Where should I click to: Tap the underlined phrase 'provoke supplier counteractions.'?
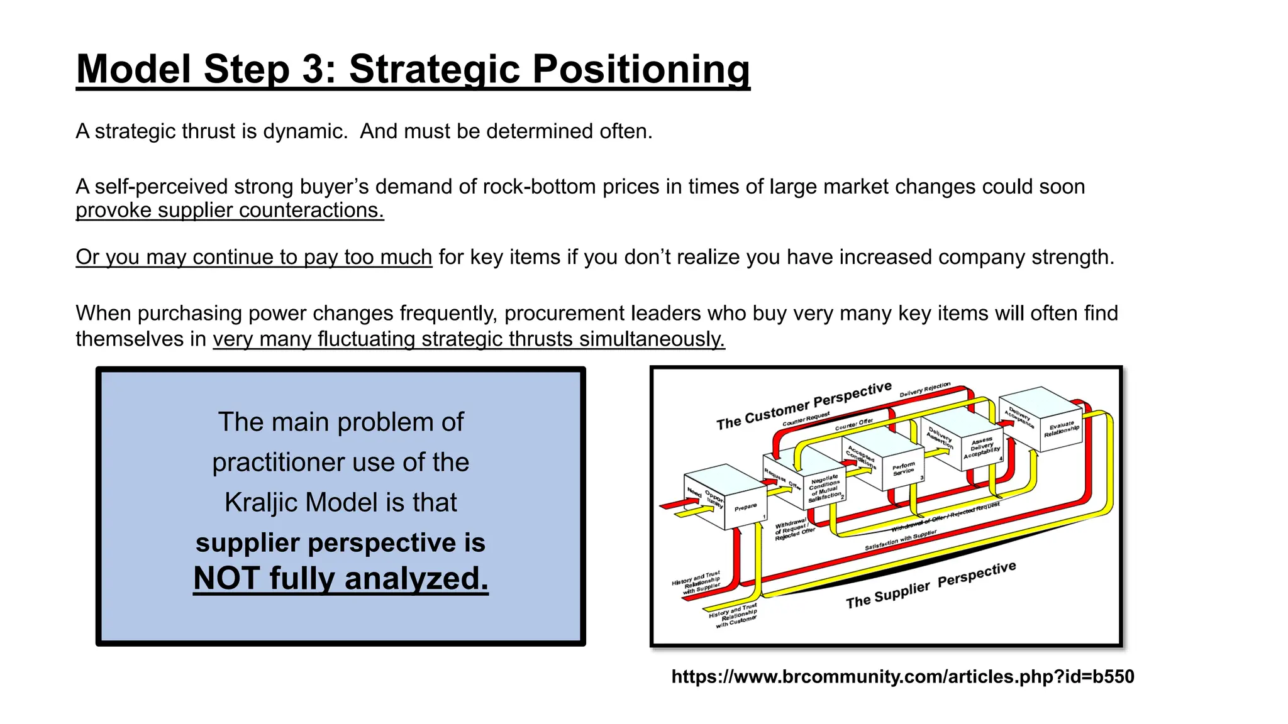[230, 210]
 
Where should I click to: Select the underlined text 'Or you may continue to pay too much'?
[253, 257]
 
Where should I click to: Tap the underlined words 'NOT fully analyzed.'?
[340, 578]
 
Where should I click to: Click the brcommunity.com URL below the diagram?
[902, 676]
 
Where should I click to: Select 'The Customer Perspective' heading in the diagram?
[804, 406]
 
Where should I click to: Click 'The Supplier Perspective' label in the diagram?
[931, 585]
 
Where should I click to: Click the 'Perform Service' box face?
[904, 469]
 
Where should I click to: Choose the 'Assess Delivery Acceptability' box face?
[982, 447]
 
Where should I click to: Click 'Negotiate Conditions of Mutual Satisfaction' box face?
[825, 488]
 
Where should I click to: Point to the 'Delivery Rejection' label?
[924, 390]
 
